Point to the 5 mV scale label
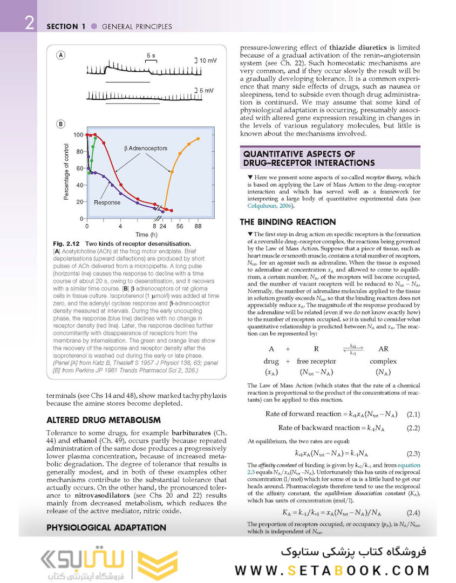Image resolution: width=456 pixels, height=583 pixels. pyautogui.click(x=207, y=90)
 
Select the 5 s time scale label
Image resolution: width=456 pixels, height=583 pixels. pyautogui.click(x=151, y=56)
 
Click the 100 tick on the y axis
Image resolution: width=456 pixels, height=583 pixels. pyautogui.click(x=78, y=134)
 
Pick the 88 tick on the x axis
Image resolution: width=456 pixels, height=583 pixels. pyautogui.click(x=198, y=227)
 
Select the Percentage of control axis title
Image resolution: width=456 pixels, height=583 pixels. pyautogui.click(x=66, y=172)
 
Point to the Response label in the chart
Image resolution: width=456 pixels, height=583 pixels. pyautogui.click(x=107, y=203)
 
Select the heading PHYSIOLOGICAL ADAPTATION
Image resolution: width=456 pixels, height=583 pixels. pyautogui.click(x=106, y=527)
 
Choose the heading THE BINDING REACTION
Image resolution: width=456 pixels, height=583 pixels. pyautogui.click(x=288, y=221)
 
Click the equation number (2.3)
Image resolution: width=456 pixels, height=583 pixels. pyautogui.click(x=413, y=453)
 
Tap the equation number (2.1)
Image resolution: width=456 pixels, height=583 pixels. pyautogui.click(x=413, y=414)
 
